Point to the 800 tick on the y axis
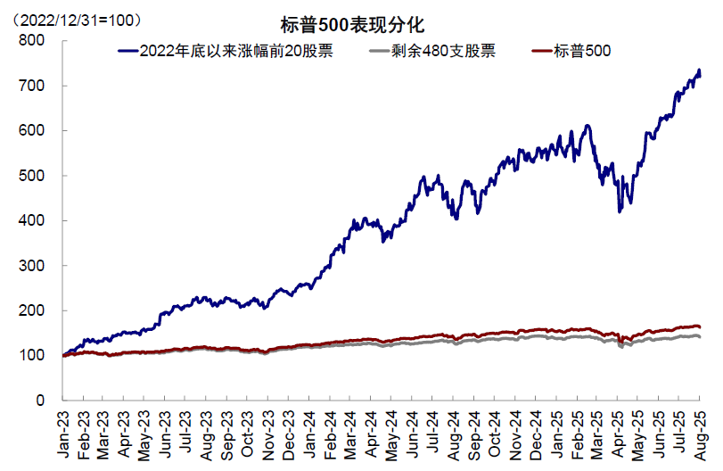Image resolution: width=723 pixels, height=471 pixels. pos(32,40)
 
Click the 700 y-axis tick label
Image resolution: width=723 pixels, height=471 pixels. pos(32,86)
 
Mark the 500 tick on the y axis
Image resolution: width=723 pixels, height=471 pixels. pos(32,176)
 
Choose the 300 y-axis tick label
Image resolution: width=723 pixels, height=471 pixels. pos(32,266)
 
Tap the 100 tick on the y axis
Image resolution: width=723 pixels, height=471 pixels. pos(32,356)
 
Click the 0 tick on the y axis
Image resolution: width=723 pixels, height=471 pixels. pos(40,401)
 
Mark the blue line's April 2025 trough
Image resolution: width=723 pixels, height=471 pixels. pos(619,211)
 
